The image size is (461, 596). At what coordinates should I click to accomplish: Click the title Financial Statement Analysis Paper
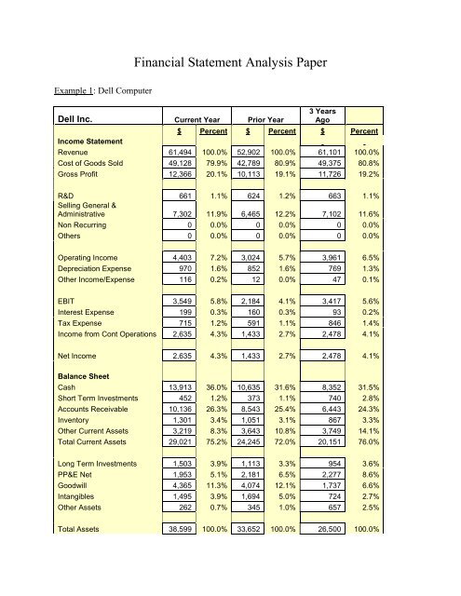(x=253, y=65)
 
